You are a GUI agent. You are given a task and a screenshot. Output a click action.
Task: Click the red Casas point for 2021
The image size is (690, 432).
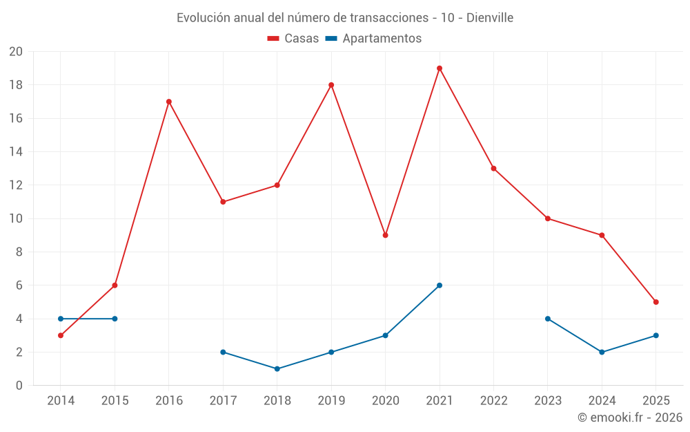440,68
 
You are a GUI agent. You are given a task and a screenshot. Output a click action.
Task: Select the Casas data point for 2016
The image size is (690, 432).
168,102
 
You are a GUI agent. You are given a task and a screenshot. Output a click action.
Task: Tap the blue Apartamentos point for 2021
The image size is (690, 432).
440,285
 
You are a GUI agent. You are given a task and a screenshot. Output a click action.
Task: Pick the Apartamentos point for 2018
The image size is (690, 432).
277,369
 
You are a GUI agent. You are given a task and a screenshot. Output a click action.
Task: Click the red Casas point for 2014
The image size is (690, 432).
61,335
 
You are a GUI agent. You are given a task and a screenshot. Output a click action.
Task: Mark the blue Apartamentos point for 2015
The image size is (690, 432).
115,319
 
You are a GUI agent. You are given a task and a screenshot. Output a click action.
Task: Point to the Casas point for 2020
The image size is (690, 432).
385,235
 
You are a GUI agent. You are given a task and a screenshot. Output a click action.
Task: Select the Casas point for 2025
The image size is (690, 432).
656,302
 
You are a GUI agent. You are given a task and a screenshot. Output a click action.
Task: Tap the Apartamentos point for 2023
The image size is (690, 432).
548,319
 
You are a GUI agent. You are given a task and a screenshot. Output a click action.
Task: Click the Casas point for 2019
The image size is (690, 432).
331,85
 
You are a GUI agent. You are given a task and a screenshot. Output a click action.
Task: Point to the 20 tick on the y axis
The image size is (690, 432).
16,52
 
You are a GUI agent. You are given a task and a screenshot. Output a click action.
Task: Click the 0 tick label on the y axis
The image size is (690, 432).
19,386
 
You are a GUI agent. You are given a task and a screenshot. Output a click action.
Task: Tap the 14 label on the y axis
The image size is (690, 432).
16,152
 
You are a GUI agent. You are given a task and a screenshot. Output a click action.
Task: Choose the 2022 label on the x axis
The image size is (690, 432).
493,401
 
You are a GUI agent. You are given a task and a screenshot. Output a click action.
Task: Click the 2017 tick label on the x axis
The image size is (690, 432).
223,401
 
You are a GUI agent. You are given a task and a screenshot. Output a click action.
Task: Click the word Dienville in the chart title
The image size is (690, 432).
490,18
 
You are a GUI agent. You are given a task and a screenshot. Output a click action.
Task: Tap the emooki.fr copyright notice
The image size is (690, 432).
630,417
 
